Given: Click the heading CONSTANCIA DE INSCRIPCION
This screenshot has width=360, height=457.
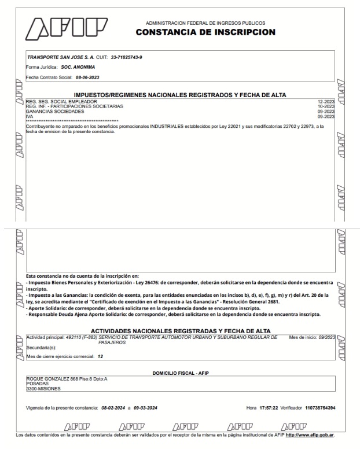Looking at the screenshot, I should (x=205, y=32).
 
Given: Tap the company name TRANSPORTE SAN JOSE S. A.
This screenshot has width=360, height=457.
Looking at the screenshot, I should (x=56, y=58).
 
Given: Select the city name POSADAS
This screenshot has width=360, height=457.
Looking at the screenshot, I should (x=36, y=385).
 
